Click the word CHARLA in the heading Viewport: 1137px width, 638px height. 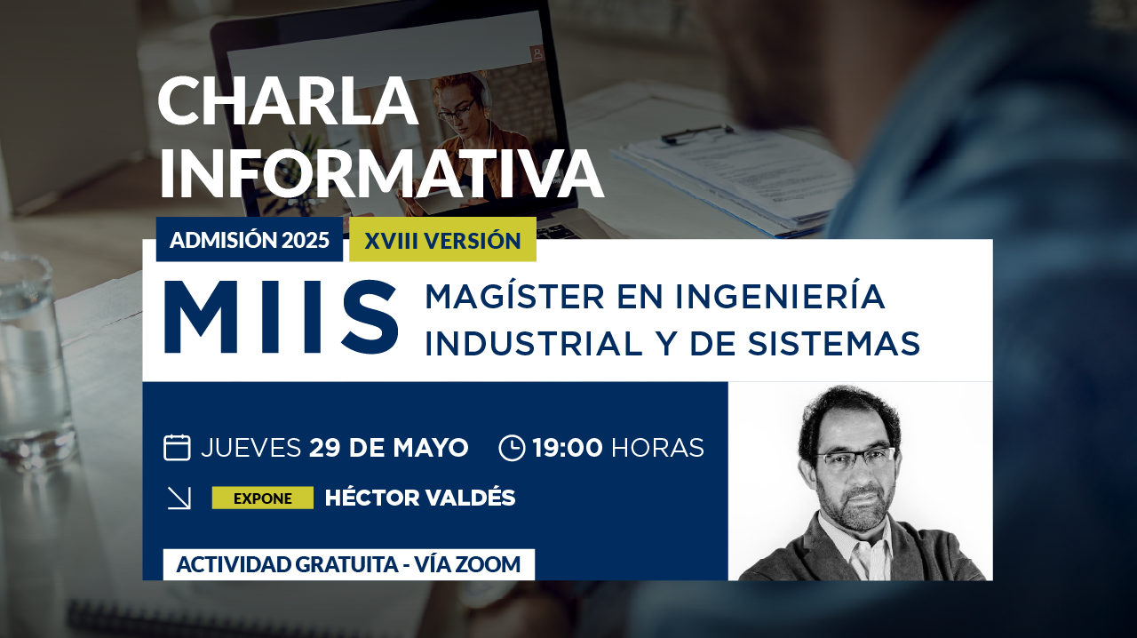(289, 101)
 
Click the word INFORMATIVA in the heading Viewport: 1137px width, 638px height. (381, 173)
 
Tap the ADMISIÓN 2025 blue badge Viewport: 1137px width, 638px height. (250, 240)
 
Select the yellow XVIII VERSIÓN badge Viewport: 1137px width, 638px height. (442, 240)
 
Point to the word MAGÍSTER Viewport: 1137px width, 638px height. (514, 296)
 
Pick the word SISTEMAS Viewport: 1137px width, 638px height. (833, 343)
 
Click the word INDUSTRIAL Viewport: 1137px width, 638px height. (534, 343)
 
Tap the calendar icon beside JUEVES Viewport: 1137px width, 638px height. (177, 448)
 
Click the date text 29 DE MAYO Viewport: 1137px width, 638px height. (389, 448)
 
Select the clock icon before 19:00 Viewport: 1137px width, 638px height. (512, 448)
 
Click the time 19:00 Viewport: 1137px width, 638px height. (568, 448)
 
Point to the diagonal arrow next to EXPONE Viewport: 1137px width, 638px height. (179, 498)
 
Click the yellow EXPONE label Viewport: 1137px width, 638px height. (262, 498)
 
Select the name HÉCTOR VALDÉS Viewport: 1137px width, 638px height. (420, 498)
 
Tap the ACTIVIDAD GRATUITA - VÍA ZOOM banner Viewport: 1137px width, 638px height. (349, 564)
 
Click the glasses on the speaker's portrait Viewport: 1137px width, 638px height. (855, 459)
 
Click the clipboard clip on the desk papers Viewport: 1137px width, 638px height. (698, 133)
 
